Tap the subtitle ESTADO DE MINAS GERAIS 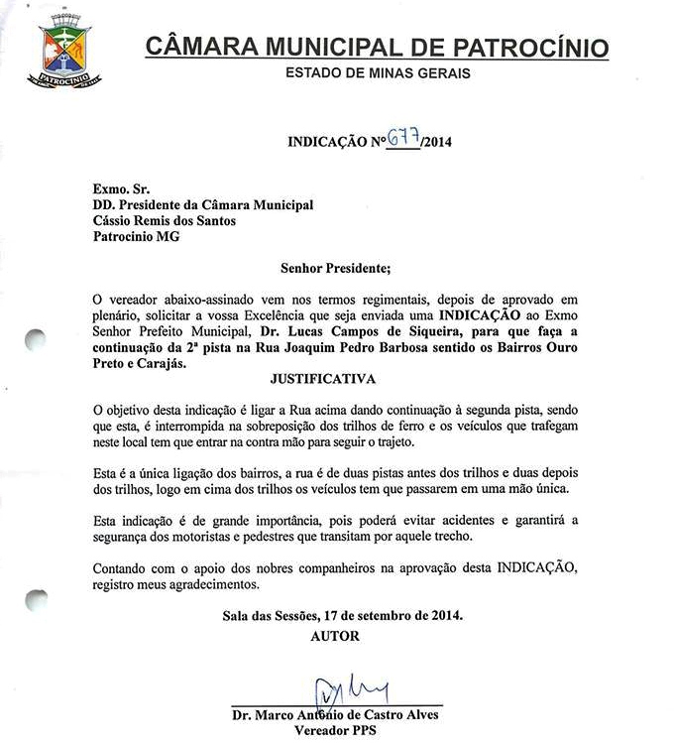coord(377,73)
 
